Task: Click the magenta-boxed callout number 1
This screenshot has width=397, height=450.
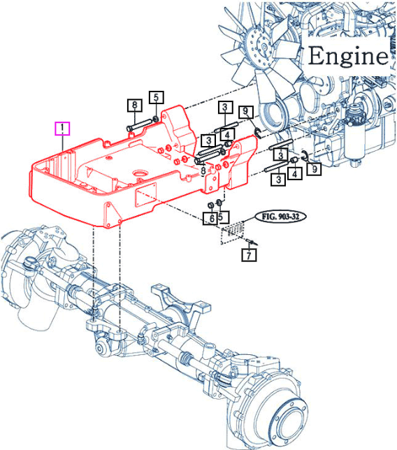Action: point(62,129)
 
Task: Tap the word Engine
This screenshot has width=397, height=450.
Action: point(348,56)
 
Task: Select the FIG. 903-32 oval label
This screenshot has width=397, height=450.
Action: point(280,217)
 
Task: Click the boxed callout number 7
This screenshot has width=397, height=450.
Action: point(249,254)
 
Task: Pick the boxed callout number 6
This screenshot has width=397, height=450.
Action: point(211,219)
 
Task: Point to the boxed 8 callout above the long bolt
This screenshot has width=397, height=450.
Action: point(135,105)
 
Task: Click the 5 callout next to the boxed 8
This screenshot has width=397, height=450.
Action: point(156,97)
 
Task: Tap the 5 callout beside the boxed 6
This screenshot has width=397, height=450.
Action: point(223,217)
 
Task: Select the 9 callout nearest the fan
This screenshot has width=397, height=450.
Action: point(246,112)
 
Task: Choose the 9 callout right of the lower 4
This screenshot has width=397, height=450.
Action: point(314,168)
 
